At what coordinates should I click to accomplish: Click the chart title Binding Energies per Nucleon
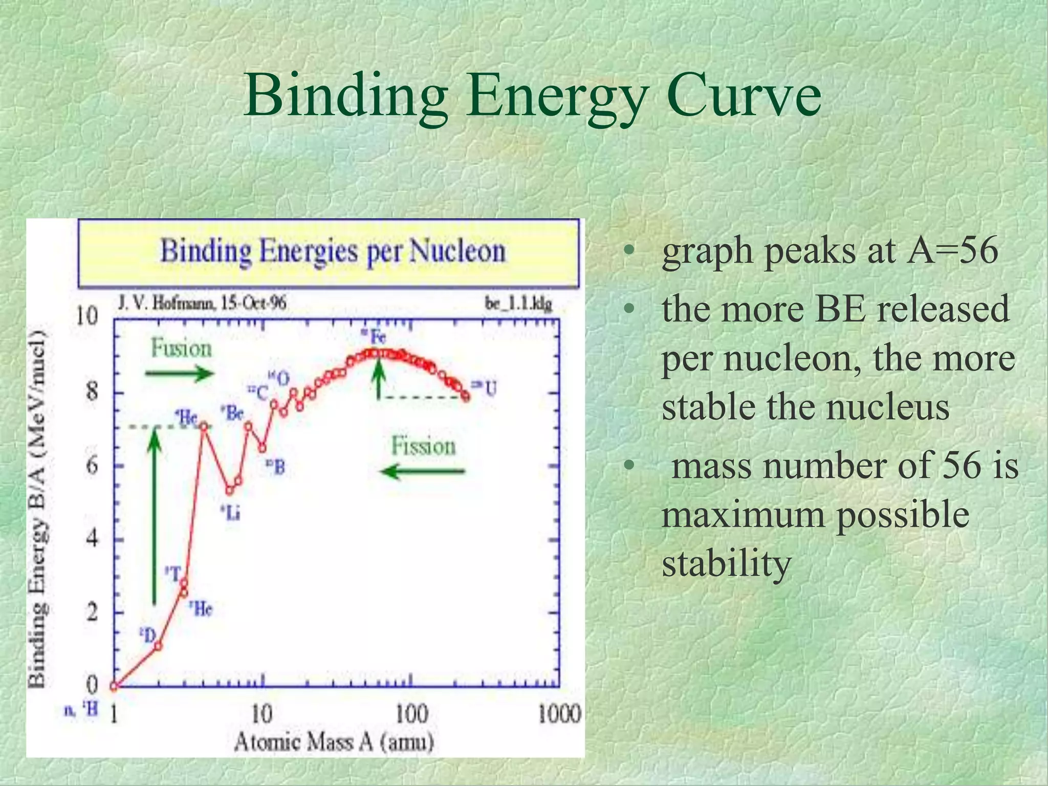coord(333,252)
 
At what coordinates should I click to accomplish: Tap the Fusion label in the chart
coord(181,349)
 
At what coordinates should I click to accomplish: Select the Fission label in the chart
coord(423,446)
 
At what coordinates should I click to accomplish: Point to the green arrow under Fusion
coord(179,374)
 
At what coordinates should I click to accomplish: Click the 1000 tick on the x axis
coord(559,714)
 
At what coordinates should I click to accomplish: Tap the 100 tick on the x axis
coord(411,714)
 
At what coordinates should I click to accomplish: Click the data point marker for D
coord(158,646)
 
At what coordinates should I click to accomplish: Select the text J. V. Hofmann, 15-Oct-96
coord(202,303)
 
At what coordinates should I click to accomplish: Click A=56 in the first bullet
coord(952,251)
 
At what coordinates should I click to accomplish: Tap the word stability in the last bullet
coord(727,563)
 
